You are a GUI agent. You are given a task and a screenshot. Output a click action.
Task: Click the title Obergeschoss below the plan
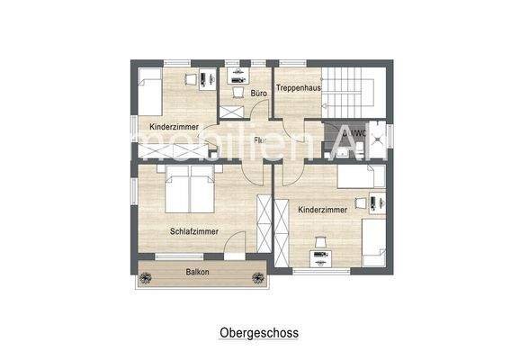259,332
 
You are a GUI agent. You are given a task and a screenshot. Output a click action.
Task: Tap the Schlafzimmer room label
193,231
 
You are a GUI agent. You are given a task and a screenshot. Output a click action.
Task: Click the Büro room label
257,93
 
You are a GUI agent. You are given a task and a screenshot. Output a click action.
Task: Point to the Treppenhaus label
298,87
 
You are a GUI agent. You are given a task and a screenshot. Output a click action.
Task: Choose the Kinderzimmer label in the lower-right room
322,209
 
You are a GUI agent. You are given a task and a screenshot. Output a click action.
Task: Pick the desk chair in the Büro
238,91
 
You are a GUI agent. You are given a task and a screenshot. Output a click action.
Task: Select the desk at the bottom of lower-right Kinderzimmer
320,260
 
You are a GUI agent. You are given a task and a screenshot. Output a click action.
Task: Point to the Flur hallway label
259,140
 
